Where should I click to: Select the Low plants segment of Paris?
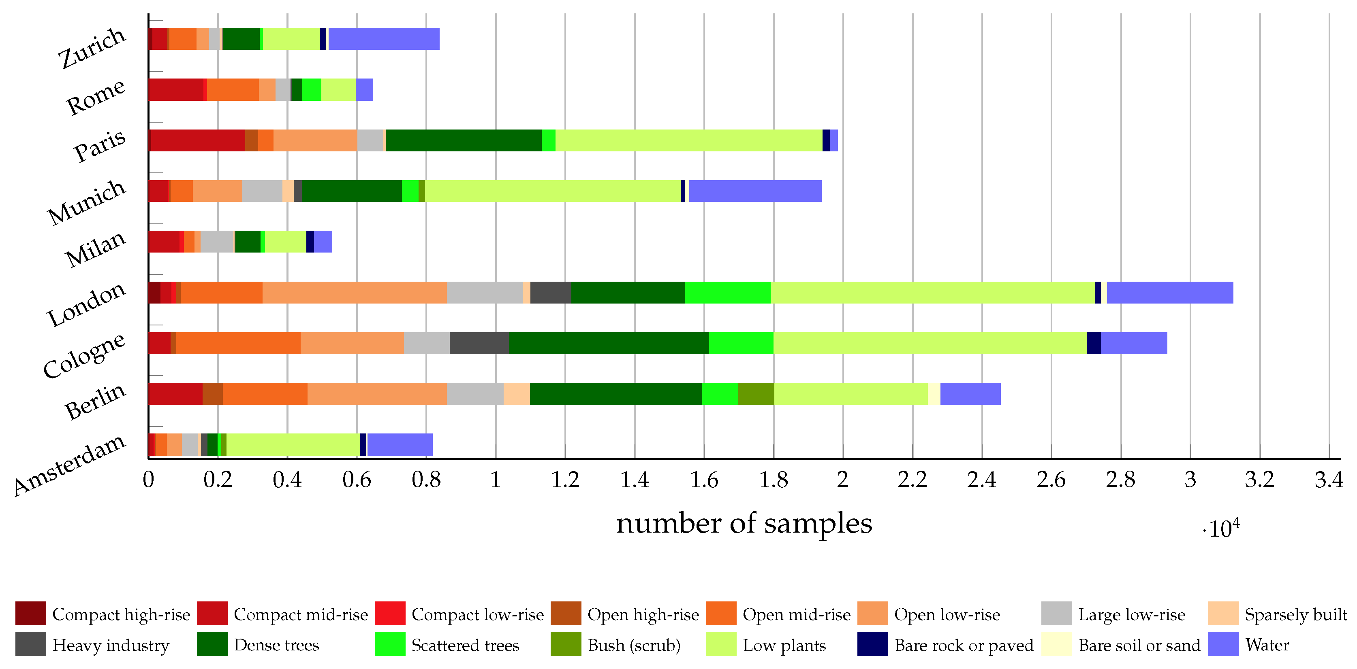point(688,140)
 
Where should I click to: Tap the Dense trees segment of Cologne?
point(609,343)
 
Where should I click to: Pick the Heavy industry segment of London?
point(551,293)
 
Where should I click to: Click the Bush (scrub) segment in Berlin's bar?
point(756,394)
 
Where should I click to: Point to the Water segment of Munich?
point(755,191)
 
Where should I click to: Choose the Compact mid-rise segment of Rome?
point(176,89)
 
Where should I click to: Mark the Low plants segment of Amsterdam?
point(293,445)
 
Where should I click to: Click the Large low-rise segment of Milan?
point(217,242)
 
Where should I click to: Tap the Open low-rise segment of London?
point(355,293)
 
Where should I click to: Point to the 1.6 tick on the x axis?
point(704,480)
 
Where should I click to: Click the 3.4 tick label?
point(1329,480)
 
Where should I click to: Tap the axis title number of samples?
point(744,524)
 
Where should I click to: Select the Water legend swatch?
point(1223,644)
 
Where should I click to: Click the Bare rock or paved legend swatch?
point(872,644)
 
